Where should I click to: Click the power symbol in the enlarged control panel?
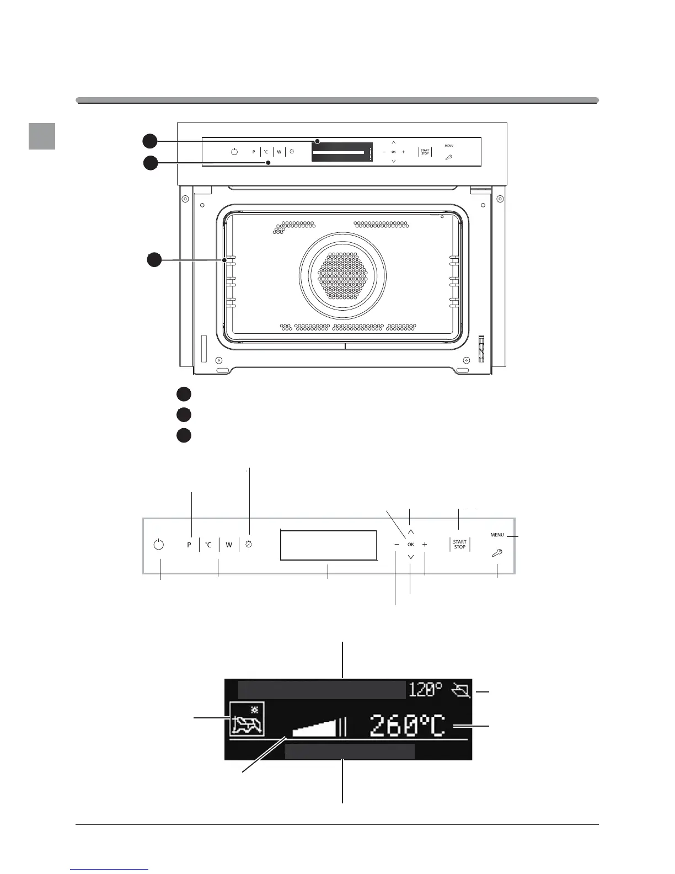159,545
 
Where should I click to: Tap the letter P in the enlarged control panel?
189,545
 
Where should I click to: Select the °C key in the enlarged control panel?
208,545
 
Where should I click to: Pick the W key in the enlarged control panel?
229,545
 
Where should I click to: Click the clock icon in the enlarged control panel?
249,545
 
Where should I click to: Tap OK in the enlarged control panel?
411,545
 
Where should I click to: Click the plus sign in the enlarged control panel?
425,545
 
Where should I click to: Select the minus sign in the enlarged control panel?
397,545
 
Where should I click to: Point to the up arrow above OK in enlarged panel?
411,532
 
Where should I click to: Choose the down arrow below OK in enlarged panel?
411,557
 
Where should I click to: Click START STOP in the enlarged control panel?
459,545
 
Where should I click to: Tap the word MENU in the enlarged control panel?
497,535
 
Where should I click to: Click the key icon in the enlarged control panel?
497,552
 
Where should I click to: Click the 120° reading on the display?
425,689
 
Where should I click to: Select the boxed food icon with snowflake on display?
247,720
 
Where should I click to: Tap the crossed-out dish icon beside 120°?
460,690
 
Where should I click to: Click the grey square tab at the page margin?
42,136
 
